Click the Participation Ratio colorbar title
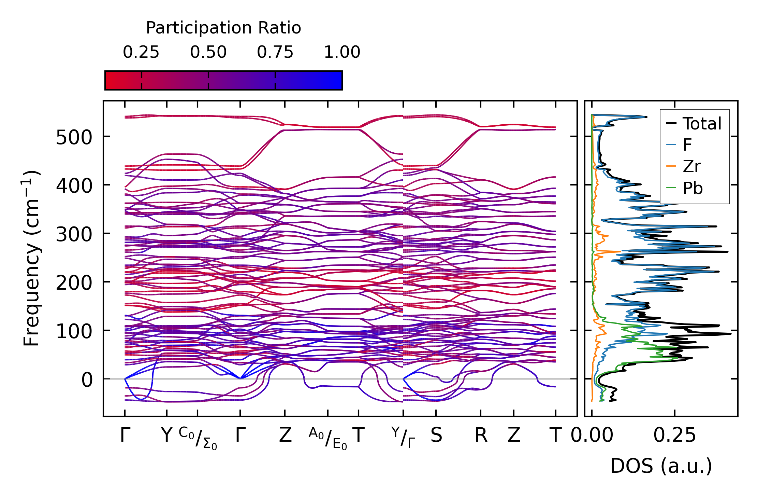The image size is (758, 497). point(223,28)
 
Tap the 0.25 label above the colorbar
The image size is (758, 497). point(141,52)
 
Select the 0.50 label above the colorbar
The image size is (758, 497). point(208,52)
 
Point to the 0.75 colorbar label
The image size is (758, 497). point(275,52)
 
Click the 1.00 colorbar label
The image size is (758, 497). point(342,52)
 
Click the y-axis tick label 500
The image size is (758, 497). point(74,138)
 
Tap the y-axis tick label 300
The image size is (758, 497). point(74,235)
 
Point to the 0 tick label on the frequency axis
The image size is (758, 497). point(87,380)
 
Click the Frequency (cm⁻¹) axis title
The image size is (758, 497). point(31,258)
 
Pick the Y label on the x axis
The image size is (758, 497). point(166,436)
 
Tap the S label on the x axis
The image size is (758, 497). point(436,436)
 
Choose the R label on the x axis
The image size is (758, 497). point(481,436)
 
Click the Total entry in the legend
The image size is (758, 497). point(702,124)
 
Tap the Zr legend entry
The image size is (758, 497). point(691,167)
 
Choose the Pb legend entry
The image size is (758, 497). point(693,188)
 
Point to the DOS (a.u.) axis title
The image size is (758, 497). point(661,466)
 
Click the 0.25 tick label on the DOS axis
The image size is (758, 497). point(674,436)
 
